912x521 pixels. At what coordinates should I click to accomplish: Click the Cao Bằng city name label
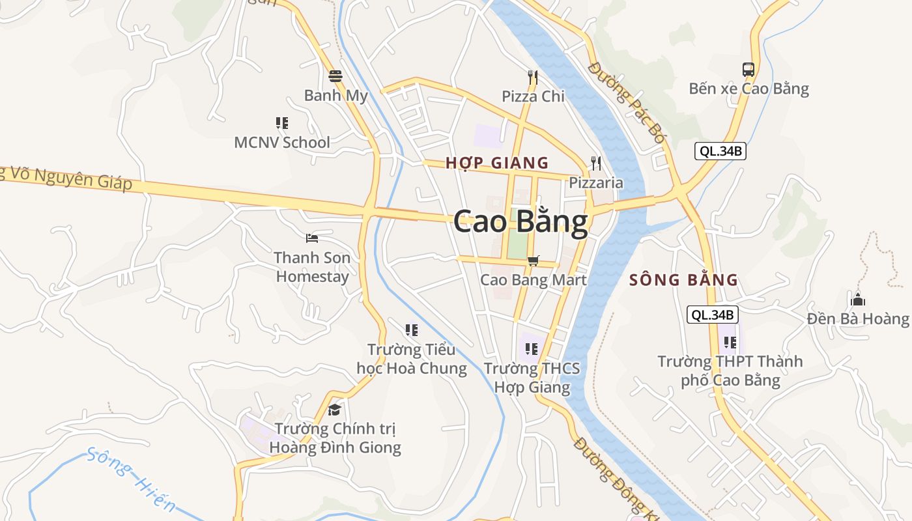point(520,222)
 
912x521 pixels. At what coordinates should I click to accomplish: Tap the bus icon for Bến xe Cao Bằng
point(748,69)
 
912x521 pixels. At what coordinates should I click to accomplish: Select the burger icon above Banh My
point(336,76)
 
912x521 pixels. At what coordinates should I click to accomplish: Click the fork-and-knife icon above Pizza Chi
point(533,77)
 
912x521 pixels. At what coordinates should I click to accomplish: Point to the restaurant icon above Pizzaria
point(596,163)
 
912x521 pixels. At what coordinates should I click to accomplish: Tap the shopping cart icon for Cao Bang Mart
point(533,260)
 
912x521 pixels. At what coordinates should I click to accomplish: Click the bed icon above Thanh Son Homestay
point(312,238)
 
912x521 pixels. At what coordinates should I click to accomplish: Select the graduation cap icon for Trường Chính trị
point(335,410)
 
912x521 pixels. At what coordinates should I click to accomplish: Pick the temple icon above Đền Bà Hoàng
point(857,300)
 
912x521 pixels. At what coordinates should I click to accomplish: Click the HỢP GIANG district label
point(497,163)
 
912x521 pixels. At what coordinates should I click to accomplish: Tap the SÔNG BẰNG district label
point(683,281)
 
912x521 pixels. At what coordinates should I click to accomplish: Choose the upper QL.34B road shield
point(720,152)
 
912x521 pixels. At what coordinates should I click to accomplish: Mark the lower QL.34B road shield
point(713,315)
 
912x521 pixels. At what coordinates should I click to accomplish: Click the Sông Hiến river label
point(131,479)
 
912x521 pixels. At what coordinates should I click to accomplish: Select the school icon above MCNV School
point(282,122)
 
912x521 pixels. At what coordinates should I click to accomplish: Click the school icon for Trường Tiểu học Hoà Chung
point(412,330)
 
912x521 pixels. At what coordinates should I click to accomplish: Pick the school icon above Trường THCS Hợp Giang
point(532,349)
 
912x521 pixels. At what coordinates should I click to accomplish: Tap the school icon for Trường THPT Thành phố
point(730,342)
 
